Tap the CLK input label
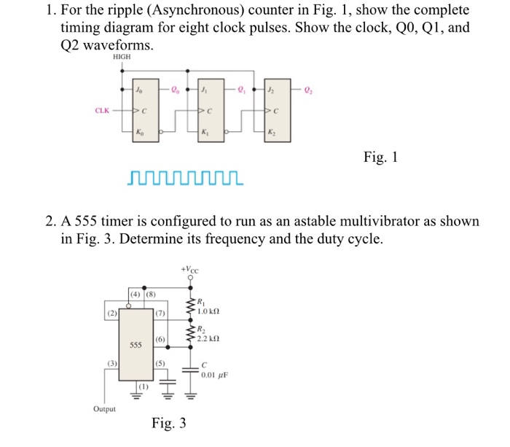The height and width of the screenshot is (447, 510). (102, 112)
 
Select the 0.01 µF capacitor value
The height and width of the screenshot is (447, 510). (210, 376)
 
